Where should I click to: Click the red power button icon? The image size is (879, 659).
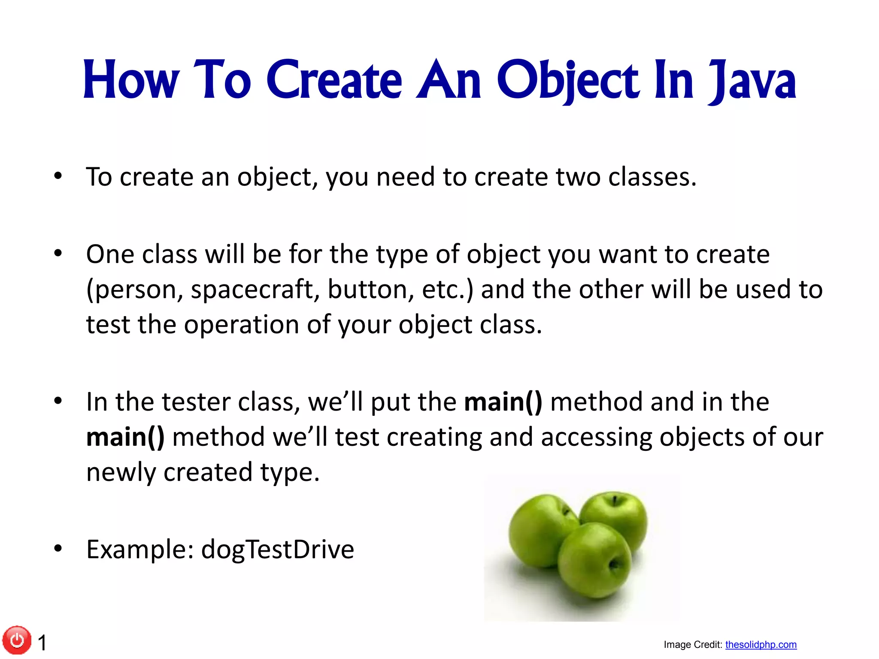(17, 640)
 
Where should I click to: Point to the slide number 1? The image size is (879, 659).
(42, 643)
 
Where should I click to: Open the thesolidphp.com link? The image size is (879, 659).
(761, 644)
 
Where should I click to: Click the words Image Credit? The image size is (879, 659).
(693, 644)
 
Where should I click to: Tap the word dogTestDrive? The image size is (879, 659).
(277, 549)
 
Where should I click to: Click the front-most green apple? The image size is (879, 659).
(595, 560)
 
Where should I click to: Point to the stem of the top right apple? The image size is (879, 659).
(615, 500)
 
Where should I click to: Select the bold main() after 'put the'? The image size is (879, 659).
(503, 402)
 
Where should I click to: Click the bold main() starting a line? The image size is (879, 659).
(125, 437)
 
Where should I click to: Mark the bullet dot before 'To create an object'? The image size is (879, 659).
(58, 176)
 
